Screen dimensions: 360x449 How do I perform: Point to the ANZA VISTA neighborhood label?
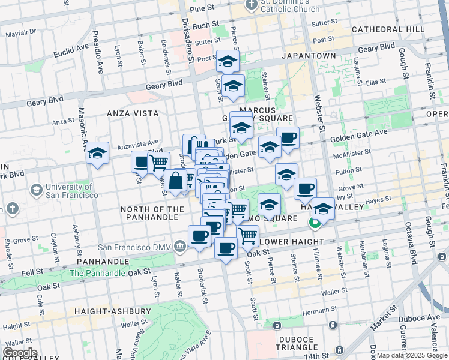(133, 113)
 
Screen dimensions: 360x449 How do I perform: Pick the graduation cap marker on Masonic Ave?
(97, 154)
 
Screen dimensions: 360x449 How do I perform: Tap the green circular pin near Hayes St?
(314, 224)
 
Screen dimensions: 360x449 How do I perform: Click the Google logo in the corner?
(20, 353)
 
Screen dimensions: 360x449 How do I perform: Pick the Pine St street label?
(201, 8)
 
